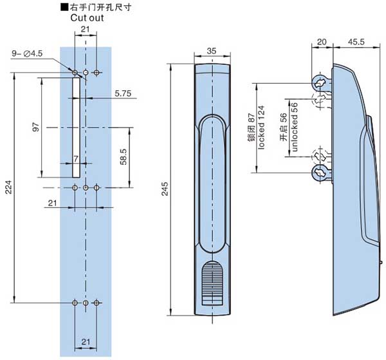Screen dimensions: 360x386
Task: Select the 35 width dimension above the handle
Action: [212, 51]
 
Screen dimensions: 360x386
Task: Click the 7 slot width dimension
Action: [75, 158]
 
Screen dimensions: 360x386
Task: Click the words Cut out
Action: [87, 17]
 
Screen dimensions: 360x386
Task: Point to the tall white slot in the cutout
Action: [75, 126]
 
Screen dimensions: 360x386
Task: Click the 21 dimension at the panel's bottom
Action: [86, 341]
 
